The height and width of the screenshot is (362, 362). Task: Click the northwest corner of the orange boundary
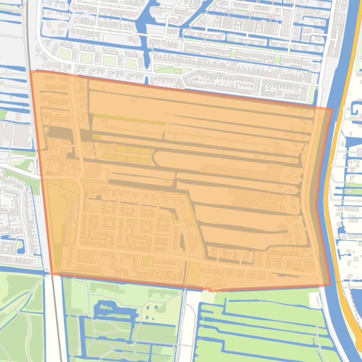pos(31,71)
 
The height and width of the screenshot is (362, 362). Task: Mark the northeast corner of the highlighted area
pos(332,110)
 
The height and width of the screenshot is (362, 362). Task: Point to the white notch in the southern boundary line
pos(206,289)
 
